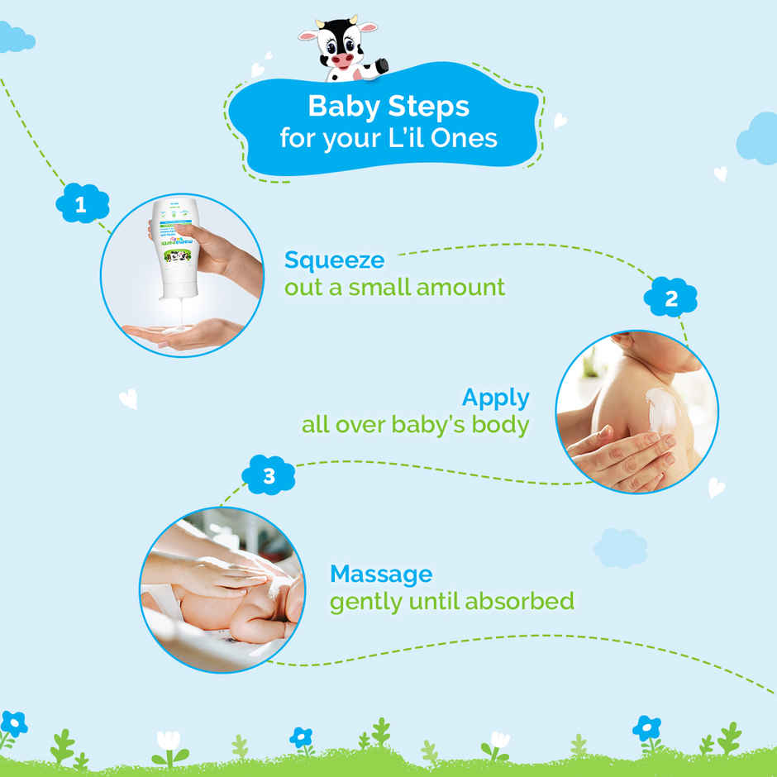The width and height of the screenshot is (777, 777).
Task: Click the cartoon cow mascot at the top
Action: [x=340, y=49]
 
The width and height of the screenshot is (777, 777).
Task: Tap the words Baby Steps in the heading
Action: [x=388, y=106]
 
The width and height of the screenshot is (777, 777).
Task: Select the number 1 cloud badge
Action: [x=82, y=205]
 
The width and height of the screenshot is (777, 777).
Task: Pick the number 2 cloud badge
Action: [x=670, y=298]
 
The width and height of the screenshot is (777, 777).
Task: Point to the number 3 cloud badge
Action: [x=269, y=476]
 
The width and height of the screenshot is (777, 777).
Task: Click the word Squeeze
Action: [x=334, y=260]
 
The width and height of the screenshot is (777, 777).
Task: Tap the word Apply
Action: [x=495, y=398]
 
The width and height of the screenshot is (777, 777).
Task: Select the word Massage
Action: [x=380, y=574]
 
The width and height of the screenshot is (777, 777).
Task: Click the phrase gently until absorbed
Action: [x=451, y=601]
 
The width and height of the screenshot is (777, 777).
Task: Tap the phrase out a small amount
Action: [x=394, y=288]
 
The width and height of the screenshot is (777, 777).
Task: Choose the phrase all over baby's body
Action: [x=415, y=425]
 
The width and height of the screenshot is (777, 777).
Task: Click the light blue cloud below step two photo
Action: [x=620, y=548]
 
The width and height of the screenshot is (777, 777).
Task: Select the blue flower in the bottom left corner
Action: [x=13, y=725]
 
